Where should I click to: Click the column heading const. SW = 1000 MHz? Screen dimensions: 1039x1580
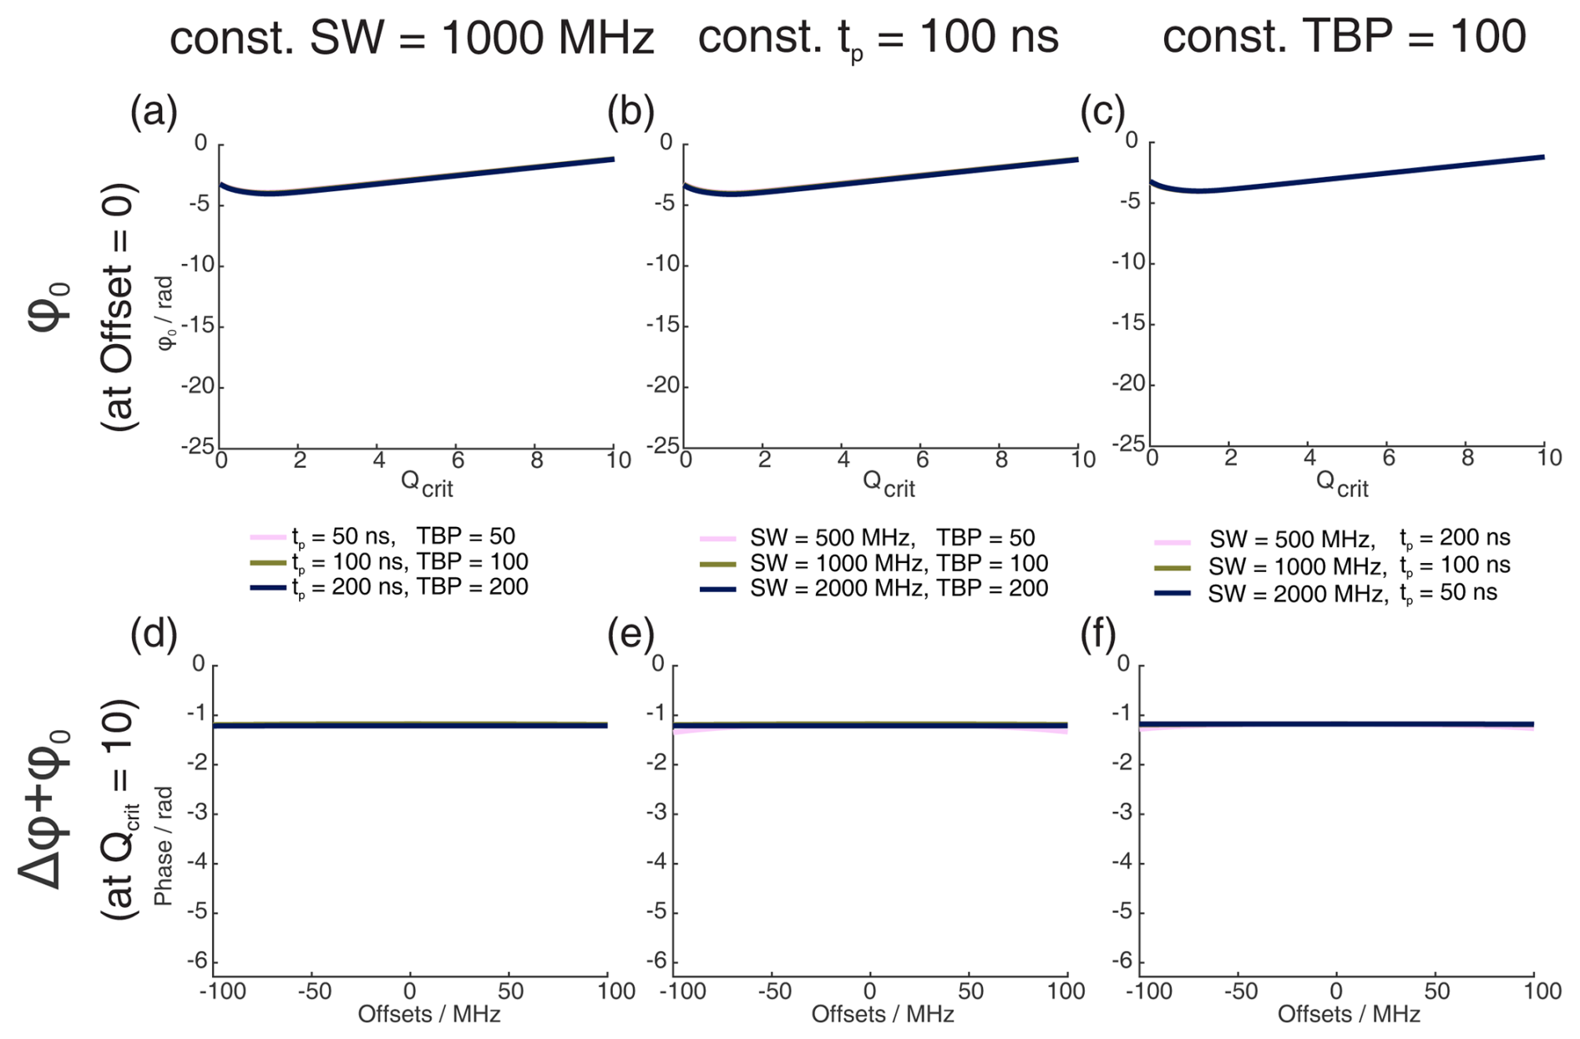click(x=411, y=38)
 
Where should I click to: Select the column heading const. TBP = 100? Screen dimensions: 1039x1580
click(x=1344, y=38)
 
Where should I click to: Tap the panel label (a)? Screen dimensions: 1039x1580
click(x=154, y=112)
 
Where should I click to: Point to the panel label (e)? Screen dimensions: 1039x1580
click(x=630, y=635)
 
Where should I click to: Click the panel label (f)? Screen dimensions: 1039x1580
click(x=1098, y=635)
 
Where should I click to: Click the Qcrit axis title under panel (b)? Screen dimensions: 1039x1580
click(x=888, y=483)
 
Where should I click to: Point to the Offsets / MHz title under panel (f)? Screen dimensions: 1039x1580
click(x=1348, y=1014)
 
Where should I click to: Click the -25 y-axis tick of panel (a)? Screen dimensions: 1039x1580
click(x=198, y=446)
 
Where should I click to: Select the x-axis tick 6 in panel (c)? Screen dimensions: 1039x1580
click(x=1388, y=458)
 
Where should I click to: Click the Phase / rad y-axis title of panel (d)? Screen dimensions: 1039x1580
click(x=164, y=845)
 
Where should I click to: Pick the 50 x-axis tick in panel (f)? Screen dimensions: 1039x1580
click(x=1436, y=991)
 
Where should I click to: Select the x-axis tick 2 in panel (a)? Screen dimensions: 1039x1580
click(x=300, y=460)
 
